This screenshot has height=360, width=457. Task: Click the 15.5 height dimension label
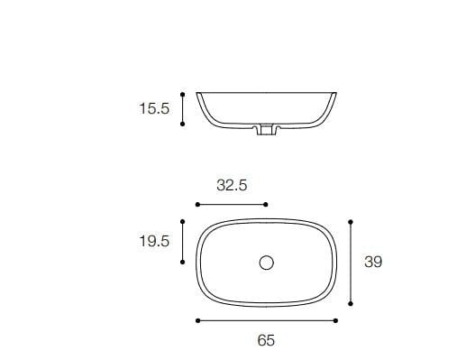pos(154,108)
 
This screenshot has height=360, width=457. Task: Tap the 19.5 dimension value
pos(154,241)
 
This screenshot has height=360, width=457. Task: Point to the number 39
pos(373,262)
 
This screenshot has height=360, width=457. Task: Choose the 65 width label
pos(266,340)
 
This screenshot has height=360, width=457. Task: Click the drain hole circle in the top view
pos(266,263)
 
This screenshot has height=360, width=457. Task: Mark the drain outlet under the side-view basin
pos(266,133)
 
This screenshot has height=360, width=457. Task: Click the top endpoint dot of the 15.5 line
pos(183,92)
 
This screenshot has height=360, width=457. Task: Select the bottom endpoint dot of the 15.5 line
pos(183,125)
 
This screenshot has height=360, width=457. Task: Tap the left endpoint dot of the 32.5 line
pos(197,205)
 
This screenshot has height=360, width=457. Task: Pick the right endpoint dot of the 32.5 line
pos(266,205)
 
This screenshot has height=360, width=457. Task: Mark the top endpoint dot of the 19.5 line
pos(183,221)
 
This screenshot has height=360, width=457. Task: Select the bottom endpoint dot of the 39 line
pos(350,304)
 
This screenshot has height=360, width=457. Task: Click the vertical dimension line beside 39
pos(350,263)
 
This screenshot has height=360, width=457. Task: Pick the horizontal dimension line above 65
pos(266,320)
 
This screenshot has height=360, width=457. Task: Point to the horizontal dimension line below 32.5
pos(232,205)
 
